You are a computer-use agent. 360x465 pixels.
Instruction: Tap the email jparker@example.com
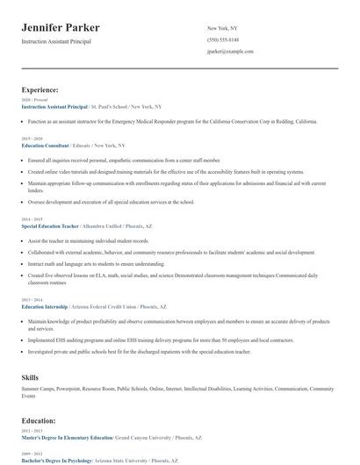pos(230,52)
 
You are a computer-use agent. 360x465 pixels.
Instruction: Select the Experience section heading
pos(40,89)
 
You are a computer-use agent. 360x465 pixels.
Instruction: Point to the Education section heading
pos(39,420)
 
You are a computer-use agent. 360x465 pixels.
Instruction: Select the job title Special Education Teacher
pos(54,225)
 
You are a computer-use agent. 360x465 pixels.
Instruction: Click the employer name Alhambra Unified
pos(110,225)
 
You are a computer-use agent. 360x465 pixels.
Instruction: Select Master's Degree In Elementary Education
pos(67,437)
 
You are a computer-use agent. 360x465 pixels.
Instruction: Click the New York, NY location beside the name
pos(222,29)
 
